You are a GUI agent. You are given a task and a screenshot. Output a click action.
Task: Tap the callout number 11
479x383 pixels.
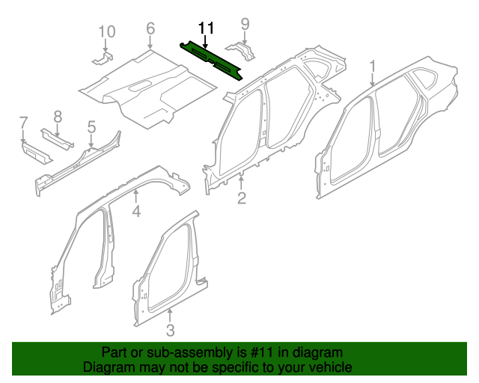pos(206,28)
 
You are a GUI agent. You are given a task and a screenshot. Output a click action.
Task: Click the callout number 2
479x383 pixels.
pos(241,197)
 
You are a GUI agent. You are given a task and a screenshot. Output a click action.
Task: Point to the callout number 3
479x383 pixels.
pos(170,329)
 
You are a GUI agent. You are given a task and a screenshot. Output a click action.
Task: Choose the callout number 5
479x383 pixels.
pos(91,126)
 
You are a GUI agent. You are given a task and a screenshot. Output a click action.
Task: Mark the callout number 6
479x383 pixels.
pos(150,28)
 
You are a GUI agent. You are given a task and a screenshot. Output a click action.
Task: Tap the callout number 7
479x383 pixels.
pos(23,122)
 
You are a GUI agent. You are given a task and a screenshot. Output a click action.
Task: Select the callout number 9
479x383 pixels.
pos(245,25)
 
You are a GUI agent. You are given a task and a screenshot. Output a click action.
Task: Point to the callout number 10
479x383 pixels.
pos(107,31)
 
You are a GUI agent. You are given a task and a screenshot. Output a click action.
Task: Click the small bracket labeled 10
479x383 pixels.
pos(103,58)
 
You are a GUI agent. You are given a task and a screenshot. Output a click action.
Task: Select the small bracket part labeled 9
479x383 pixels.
pos(241,52)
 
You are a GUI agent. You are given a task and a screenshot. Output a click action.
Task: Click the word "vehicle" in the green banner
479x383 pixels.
pos(327,367)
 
